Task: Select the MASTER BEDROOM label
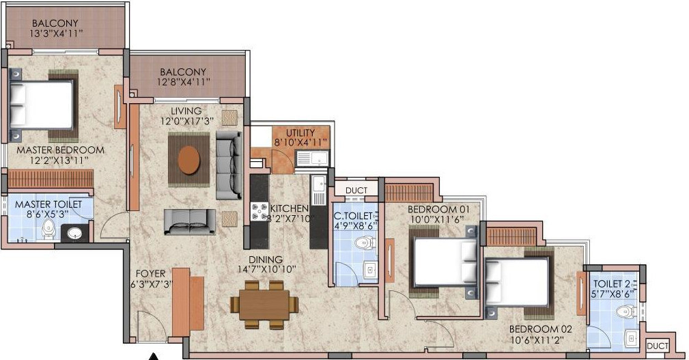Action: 61,150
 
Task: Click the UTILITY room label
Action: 300,133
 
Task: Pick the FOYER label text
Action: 150,273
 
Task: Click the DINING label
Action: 266,260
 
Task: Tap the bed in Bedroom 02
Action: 517,281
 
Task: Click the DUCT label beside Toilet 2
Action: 658,347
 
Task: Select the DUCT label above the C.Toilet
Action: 356,191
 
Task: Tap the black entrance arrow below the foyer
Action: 154,355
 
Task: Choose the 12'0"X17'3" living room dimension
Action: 186,122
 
